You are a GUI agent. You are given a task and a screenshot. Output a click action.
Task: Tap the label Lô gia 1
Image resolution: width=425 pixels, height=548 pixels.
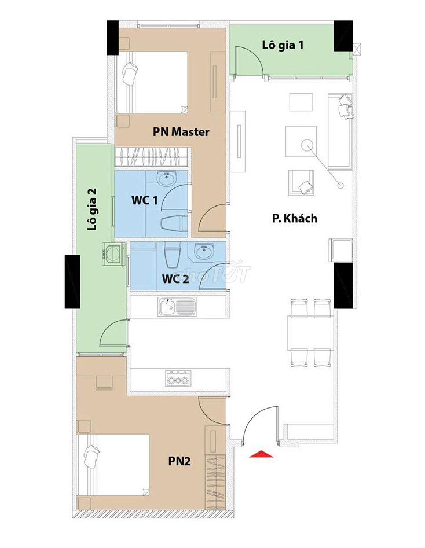tap(283, 45)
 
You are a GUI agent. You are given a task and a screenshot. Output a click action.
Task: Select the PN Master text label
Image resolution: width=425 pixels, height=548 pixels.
tap(181, 132)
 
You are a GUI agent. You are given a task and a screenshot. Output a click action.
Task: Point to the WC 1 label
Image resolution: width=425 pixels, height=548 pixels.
tap(144, 200)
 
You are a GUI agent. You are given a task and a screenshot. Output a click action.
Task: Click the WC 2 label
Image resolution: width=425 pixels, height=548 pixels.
tap(175, 279)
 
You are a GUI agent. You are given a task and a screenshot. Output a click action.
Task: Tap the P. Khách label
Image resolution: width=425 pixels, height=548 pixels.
tap(295, 218)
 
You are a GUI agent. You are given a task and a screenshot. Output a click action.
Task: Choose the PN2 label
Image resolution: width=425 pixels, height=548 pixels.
tap(179, 461)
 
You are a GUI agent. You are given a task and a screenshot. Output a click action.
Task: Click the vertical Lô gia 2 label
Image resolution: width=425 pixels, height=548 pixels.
tap(92, 209)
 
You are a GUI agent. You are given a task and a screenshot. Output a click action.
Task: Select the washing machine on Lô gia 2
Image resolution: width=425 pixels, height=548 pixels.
tap(113, 253)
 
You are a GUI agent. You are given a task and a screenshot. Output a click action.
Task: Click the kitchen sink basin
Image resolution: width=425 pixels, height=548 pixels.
tap(167, 307)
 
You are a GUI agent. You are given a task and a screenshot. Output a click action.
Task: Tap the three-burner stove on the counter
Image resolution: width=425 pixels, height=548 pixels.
tap(178, 378)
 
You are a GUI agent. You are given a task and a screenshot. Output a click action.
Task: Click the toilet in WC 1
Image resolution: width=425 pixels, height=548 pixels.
tap(174, 223)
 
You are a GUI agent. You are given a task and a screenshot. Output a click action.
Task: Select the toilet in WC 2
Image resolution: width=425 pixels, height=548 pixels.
tap(172, 254)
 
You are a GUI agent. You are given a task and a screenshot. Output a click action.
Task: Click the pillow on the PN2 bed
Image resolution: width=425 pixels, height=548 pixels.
tap(91, 456)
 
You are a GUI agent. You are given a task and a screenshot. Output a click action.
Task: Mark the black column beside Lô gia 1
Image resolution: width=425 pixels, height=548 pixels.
tap(343, 36)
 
